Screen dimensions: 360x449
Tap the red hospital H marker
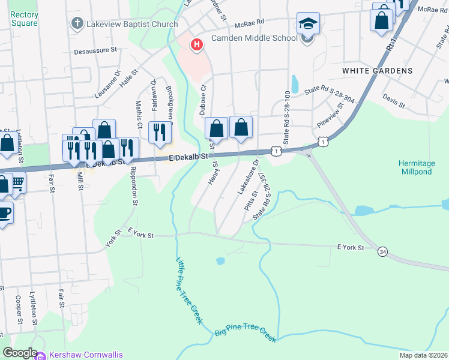tap(196, 44)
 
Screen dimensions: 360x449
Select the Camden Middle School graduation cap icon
tap(308, 24)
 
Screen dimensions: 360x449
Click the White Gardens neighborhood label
tap(378, 71)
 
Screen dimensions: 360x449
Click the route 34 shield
tap(382, 251)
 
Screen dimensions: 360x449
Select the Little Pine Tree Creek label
tap(189, 291)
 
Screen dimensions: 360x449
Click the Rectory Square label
tap(25, 19)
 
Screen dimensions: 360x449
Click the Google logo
tap(20, 353)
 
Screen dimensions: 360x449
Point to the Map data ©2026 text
tap(424, 355)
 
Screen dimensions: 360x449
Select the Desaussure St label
tap(95, 52)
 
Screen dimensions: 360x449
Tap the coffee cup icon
tap(4, 214)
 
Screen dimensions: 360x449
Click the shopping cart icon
tap(17, 182)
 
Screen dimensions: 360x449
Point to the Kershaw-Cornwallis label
tap(86, 355)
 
